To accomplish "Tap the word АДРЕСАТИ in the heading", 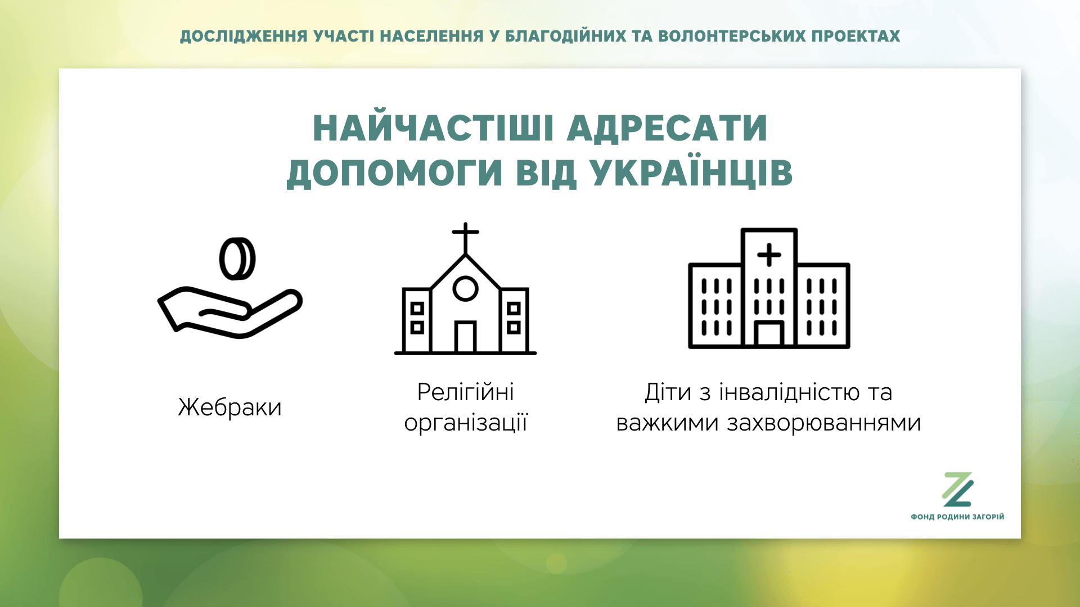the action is click(667, 128).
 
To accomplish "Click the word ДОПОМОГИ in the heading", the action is click(394, 173).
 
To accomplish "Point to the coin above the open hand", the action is click(237, 259).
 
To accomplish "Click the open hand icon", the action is click(229, 312).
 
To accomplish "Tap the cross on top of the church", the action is click(465, 238).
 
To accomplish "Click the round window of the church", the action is click(465, 288).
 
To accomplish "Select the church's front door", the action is click(465, 337).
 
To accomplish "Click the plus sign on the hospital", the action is click(769, 255).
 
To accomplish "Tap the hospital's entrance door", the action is click(769, 334).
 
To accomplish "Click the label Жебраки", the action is click(229, 407).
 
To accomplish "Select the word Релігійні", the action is click(465, 392).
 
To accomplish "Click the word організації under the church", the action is click(466, 423).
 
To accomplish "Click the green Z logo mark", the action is click(957, 490).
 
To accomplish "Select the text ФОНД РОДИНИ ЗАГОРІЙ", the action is click(957, 517).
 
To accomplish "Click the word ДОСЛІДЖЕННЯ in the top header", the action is click(244, 37).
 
